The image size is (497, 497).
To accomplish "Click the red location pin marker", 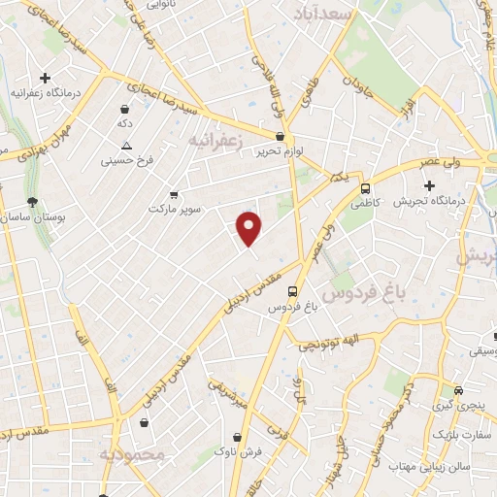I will tap(250, 228).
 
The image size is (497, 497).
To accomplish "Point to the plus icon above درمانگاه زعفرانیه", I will tap(44, 78).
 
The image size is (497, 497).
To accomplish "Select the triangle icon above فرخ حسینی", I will tap(126, 146).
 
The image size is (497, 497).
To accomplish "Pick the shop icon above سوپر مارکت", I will tap(174, 194).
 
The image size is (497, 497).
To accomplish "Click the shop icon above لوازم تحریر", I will tap(281, 137).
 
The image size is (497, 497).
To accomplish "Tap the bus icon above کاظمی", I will tap(365, 189).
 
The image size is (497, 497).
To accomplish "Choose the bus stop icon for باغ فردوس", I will tap(292, 290).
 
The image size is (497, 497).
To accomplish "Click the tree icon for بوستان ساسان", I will tap(34, 202).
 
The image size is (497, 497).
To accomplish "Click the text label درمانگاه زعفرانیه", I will tap(44, 92).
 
